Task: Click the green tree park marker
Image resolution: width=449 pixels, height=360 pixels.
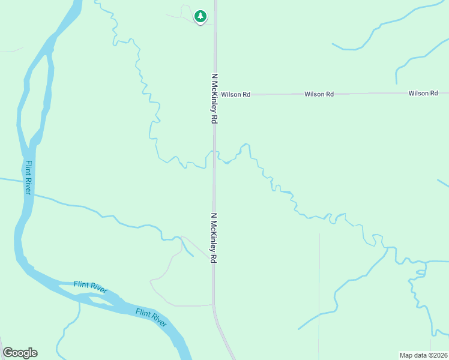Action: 200,17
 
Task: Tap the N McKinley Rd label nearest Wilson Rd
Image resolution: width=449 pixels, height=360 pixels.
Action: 214,99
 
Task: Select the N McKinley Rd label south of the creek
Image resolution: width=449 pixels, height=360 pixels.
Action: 213,238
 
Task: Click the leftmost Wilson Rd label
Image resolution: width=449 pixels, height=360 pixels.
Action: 235,94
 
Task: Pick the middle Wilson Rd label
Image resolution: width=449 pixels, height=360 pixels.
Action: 319,94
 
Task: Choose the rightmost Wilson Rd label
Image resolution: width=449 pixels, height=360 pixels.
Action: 423,93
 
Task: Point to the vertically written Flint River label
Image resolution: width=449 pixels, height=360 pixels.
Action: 28,177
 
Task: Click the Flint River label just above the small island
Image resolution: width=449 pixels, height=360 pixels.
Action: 90,286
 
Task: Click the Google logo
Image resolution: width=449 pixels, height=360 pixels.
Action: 20,353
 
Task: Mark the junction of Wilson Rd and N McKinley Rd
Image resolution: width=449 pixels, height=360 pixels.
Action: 215,94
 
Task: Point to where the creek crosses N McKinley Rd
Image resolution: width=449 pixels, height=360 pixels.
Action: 215,155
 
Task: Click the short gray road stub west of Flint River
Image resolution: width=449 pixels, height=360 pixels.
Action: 11,50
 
